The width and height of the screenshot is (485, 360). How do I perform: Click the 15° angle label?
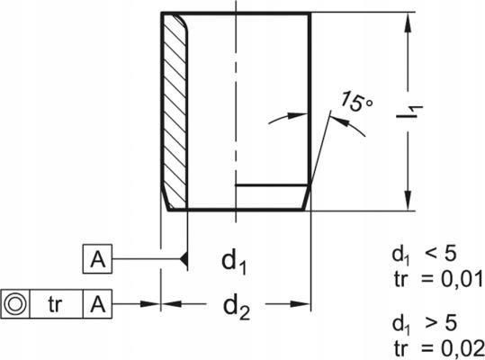357,101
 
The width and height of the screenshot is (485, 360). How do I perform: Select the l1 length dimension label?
409,112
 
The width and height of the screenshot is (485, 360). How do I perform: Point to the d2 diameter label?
236,308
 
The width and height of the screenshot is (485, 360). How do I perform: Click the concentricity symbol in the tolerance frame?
14,303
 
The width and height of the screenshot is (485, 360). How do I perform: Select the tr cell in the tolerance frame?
56,304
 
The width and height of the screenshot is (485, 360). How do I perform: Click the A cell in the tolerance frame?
97,303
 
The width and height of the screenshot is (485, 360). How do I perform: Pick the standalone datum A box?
97,259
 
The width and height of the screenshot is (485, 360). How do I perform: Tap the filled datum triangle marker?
184,259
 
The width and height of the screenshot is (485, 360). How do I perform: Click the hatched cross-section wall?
175,112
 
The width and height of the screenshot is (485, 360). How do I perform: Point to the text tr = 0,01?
438,279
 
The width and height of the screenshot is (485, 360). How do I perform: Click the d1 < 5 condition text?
424,256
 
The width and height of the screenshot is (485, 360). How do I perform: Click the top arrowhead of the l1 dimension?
409,22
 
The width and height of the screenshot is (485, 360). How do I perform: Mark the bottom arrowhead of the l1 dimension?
409,201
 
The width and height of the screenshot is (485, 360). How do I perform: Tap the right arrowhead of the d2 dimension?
300,304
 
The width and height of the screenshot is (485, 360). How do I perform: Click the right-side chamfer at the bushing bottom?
306,197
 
